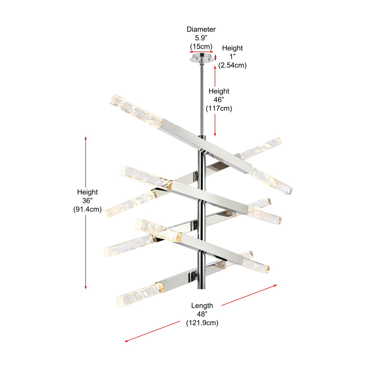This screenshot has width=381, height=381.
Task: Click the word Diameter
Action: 201,29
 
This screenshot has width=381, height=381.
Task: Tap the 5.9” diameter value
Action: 201,38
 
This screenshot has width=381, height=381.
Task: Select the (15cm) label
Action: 201,46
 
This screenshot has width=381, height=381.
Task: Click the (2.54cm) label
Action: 232,65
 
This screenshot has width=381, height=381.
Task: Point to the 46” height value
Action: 219,100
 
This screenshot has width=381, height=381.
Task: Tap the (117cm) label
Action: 219,108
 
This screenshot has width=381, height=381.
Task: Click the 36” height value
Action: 87,201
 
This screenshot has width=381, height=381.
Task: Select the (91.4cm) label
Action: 87,209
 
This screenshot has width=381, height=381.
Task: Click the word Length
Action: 202,306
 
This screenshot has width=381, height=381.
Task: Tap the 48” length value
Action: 202,314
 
